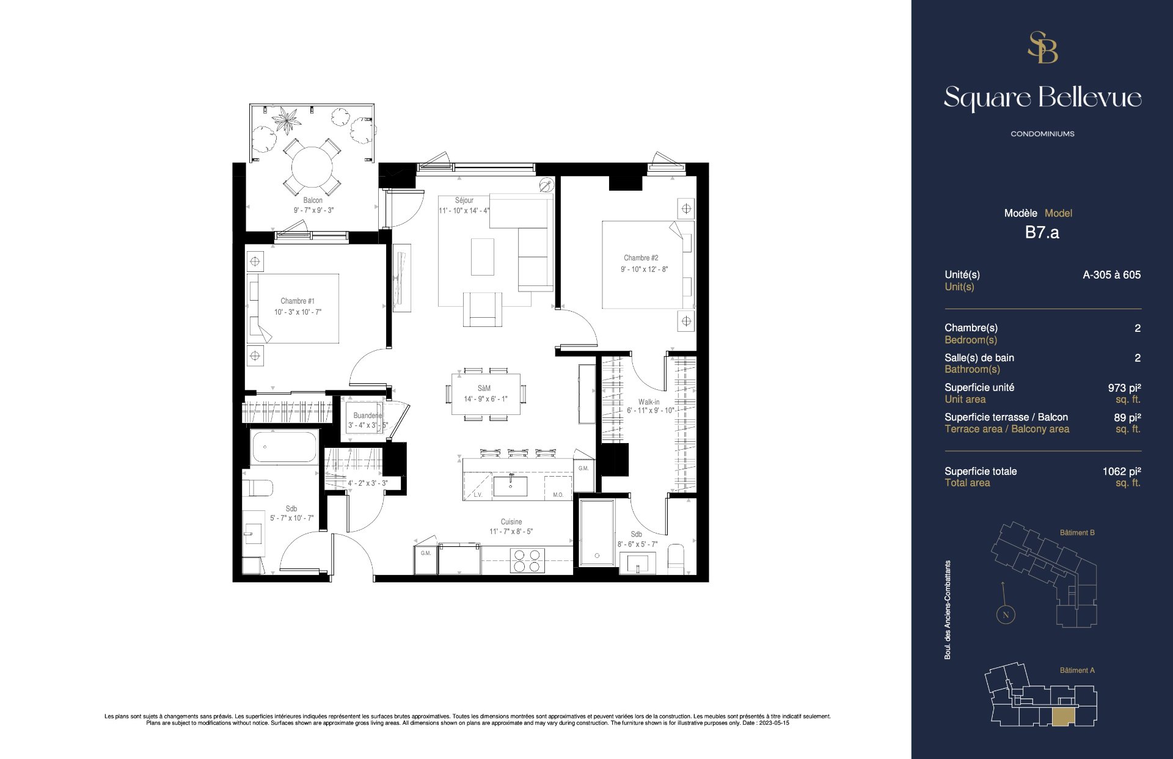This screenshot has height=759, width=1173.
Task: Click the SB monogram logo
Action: pyautogui.click(x=1042, y=48)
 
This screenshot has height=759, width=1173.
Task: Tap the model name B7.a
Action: pyautogui.click(x=1042, y=232)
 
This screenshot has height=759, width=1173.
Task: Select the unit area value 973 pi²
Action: pyautogui.click(x=1124, y=387)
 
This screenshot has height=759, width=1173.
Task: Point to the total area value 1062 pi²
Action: pyautogui.click(x=1122, y=471)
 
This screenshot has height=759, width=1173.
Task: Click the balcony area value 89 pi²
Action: pyautogui.click(x=1127, y=417)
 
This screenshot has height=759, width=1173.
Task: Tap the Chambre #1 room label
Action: pyautogui.click(x=298, y=301)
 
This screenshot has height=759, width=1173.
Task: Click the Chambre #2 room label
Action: pyautogui.click(x=641, y=258)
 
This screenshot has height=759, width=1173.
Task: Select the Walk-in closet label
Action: pyautogui.click(x=649, y=402)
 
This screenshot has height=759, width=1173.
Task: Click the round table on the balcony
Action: pyautogui.click(x=312, y=167)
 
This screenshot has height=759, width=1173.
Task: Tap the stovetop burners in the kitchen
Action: pyautogui.click(x=527, y=560)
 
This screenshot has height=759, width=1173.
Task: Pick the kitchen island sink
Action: pyautogui.click(x=510, y=486)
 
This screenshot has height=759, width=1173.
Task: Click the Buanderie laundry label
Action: pyautogui.click(x=367, y=416)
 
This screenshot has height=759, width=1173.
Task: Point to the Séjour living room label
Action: pyautogui.click(x=464, y=200)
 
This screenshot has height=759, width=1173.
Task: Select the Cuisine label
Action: pyautogui.click(x=511, y=522)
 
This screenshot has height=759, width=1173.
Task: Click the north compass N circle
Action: pyautogui.click(x=1006, y=615)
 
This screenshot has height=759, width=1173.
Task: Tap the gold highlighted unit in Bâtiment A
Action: pyautogui.click(x=1062, y=717)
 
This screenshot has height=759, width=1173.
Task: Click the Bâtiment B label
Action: pyautogui.click(x=1077, y=533)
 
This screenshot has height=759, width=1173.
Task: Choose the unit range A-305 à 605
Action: pyautogui.click(x=1111, y=275)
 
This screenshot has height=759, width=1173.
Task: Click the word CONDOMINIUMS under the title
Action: pyautogui.click(x=1042, y=134)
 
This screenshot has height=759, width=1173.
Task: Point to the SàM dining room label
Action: pyautogui.click(x=484, y=388)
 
